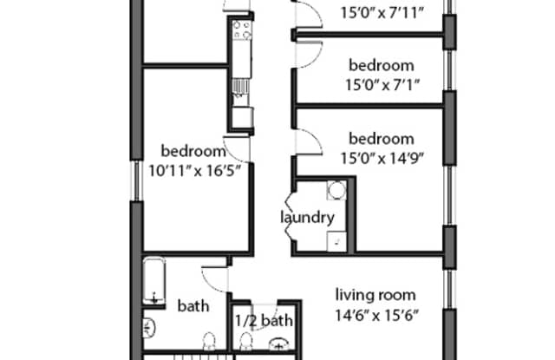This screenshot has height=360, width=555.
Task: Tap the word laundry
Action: (307, 217)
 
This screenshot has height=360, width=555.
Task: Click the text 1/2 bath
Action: (264, 321)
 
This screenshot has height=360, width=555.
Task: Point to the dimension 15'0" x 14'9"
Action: (382, 157)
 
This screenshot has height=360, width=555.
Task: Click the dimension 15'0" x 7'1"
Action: (382, 84)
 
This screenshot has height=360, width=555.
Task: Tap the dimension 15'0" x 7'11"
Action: (382, 13)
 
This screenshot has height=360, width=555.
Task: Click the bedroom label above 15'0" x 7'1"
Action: (382, 65)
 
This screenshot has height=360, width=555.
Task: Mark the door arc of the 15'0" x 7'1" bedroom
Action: (306, 54)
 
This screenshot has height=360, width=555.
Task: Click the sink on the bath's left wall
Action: (149, 328)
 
